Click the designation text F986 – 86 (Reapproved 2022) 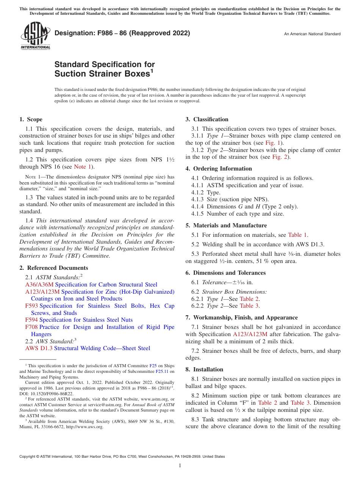click(x=122, y=33)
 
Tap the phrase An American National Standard click(x=312, y=34)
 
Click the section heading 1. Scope click(x=31, y=119)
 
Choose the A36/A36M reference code click(x=39, y=285)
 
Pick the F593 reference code click(x=31, y=306)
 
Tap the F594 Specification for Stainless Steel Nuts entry click(x=79, y=320)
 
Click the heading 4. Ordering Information click(x=219, y=169)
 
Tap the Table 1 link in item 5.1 click(x=298, y=235)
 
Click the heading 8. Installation click(x=204, y=369)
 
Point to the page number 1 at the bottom click(x=180, y=466)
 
